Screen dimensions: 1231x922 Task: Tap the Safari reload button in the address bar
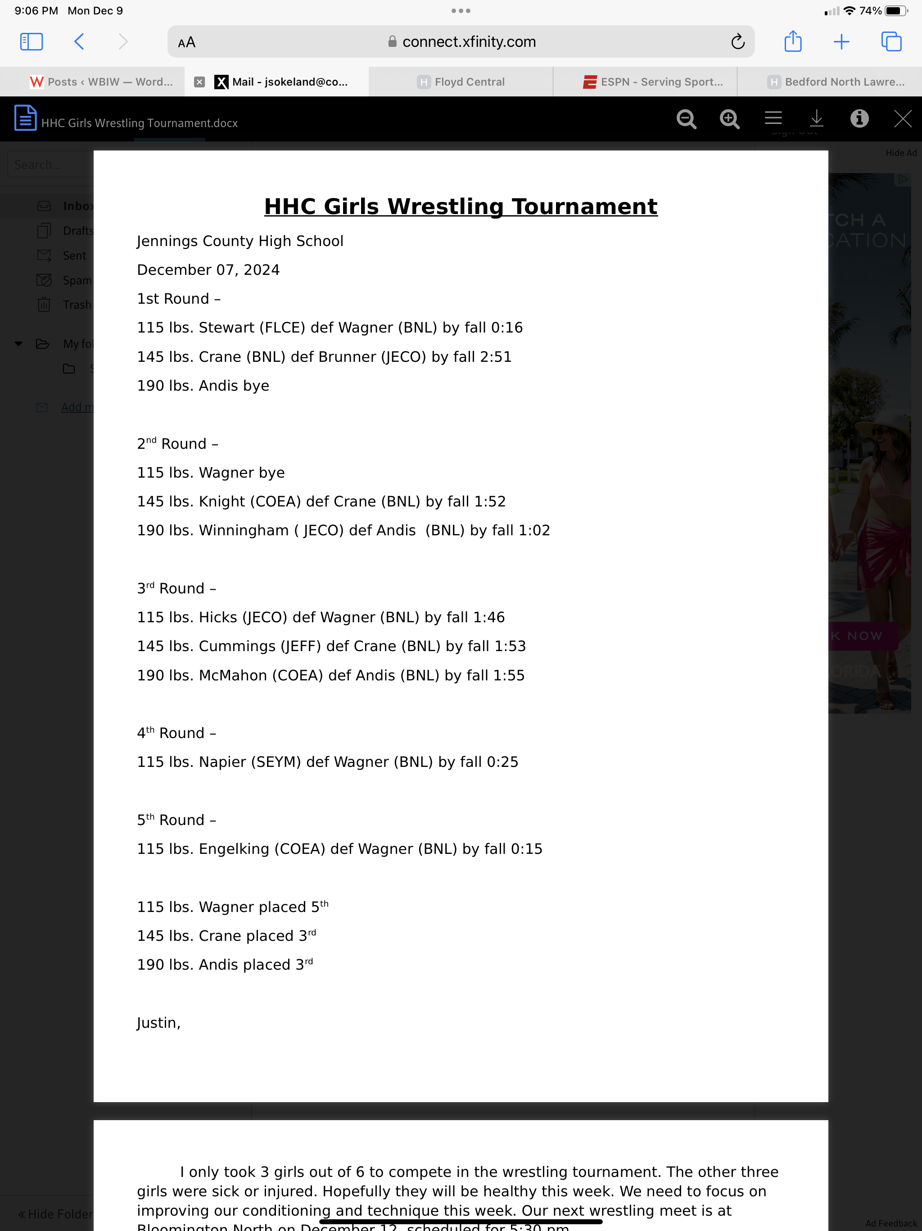(x=737, y=42)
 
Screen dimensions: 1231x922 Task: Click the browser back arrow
(x=79, y=42)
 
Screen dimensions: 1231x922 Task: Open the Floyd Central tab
(x=461, y=82)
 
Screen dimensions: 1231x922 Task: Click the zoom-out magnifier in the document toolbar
(x=686, y=119)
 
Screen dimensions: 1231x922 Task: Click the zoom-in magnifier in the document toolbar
(x=729, y=119)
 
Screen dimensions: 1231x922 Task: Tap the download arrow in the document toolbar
(x=816, y=119)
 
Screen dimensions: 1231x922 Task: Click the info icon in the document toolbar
(x=859, y=119)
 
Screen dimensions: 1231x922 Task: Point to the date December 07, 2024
(x=208, y=270)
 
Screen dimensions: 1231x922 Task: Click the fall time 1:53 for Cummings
(x=510, y=646)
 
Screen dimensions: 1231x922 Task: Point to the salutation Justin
(x=158, y=1023)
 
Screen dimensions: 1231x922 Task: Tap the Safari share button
(x=792, y=42)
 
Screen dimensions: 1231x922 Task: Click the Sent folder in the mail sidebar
(x=74, y=255)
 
